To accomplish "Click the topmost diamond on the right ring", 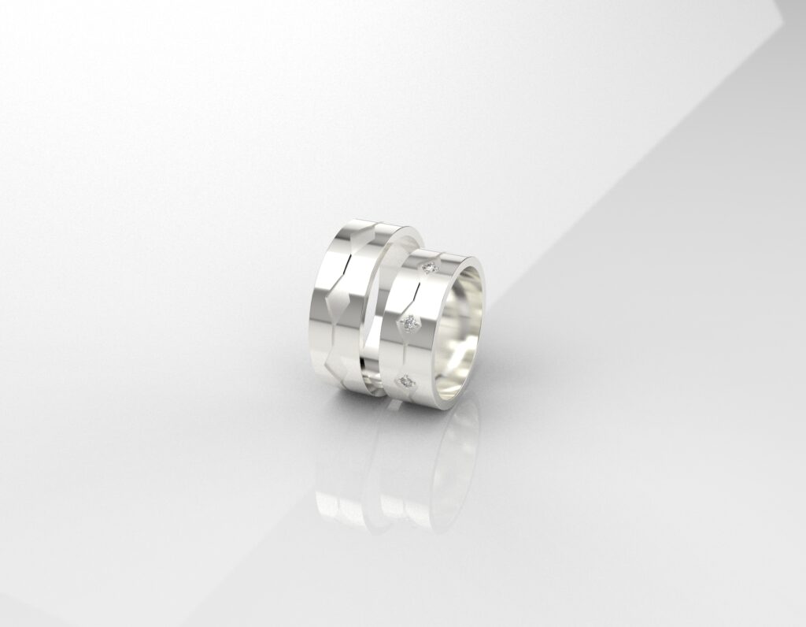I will click(x=430, y=268).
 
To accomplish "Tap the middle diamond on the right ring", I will click(x=409, y=321).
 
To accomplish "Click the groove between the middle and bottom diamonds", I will click(x=402, y=352).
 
